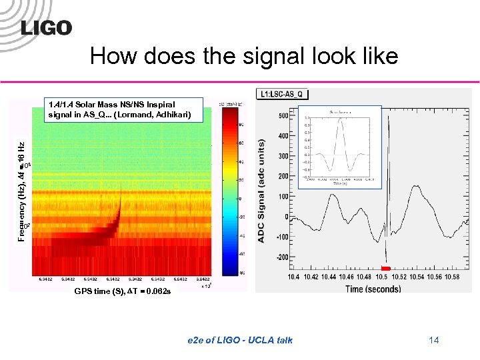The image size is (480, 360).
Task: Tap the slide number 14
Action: [x=434, y=341]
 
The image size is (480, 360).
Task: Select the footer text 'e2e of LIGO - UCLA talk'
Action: [x=239, y=341]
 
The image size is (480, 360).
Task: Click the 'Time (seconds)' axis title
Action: [x=373, y=289]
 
